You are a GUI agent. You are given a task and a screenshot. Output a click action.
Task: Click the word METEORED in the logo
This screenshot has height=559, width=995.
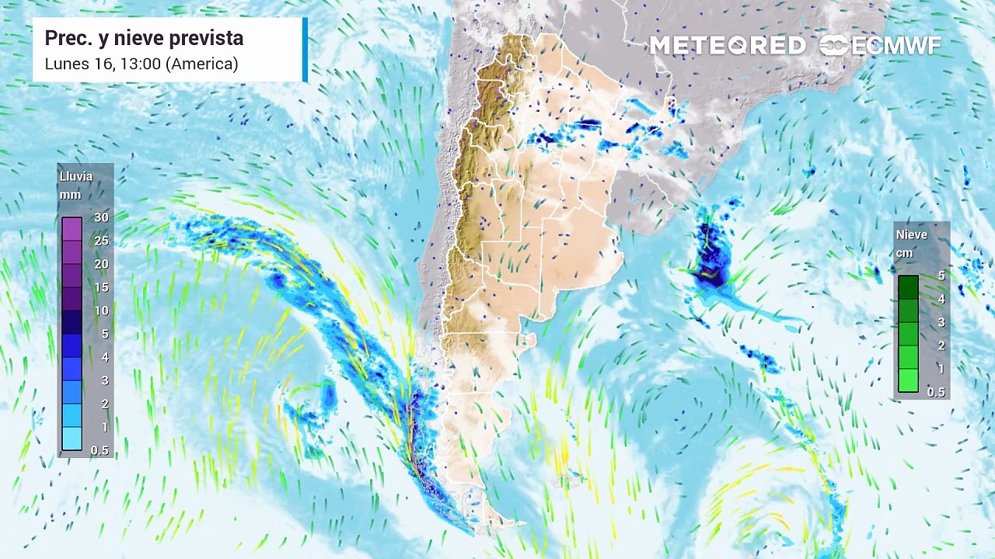pos(728,46)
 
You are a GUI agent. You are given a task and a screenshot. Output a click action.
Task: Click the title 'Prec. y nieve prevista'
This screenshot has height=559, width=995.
pos(144,38)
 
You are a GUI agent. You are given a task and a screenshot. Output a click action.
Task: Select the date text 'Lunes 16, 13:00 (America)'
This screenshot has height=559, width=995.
pos(141,64)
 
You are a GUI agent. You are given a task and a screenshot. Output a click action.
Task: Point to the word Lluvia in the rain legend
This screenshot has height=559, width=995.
pos(76,176)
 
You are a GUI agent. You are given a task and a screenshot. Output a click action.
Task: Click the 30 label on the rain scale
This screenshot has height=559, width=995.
pos(101,217)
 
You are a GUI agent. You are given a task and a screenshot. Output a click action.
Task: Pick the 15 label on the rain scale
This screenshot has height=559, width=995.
pos(101,287)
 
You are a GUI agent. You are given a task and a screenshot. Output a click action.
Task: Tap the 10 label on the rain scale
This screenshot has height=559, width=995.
pos(101,311)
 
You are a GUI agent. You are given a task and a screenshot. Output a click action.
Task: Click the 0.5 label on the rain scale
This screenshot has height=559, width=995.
pos(99,450)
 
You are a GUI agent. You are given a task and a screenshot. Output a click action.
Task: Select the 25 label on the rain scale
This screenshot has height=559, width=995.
pos(101,241)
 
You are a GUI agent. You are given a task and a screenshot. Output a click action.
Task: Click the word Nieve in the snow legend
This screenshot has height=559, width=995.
pos(912,234)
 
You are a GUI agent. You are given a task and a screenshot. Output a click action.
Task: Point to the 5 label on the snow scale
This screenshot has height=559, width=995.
pos(941,276)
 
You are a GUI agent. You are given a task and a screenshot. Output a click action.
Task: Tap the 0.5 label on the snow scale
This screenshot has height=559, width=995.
pos(936,392)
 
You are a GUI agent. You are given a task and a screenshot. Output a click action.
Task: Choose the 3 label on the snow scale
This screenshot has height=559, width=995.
pos(941,322)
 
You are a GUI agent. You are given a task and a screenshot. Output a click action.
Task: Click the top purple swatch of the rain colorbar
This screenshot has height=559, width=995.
pos(72,229)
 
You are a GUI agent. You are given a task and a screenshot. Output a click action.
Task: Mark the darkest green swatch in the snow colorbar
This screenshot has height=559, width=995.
pos(908,287)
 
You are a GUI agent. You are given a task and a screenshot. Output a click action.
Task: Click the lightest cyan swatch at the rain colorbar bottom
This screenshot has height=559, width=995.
pos(72,439)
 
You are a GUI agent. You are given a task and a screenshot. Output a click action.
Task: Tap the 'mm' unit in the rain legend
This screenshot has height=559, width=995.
pos(70,195)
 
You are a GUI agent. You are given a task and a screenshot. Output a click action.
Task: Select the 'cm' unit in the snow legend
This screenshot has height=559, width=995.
pos(905,253)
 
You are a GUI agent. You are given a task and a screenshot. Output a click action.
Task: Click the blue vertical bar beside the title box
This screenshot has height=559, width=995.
pos(305,50)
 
